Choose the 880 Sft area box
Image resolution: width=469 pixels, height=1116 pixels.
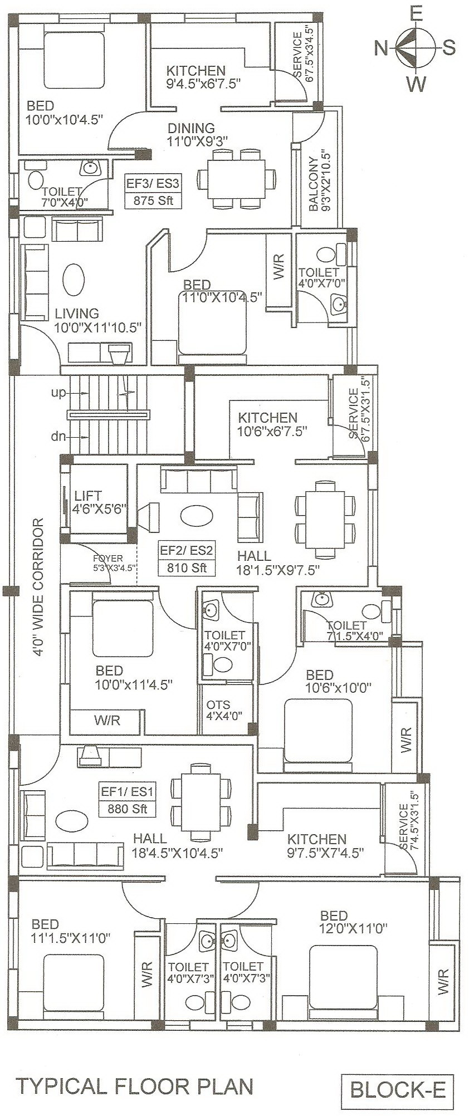128,800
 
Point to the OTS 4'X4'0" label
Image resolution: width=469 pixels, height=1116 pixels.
222,710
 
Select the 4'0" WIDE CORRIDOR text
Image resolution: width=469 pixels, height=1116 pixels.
37,588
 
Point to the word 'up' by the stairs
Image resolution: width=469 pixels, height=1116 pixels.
58,393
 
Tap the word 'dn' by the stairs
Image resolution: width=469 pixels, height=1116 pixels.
58,437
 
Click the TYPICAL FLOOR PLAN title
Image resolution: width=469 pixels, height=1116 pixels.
134,1086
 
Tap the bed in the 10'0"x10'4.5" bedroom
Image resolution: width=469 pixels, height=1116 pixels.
74,60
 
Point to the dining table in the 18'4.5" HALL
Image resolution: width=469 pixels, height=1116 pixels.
201,802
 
